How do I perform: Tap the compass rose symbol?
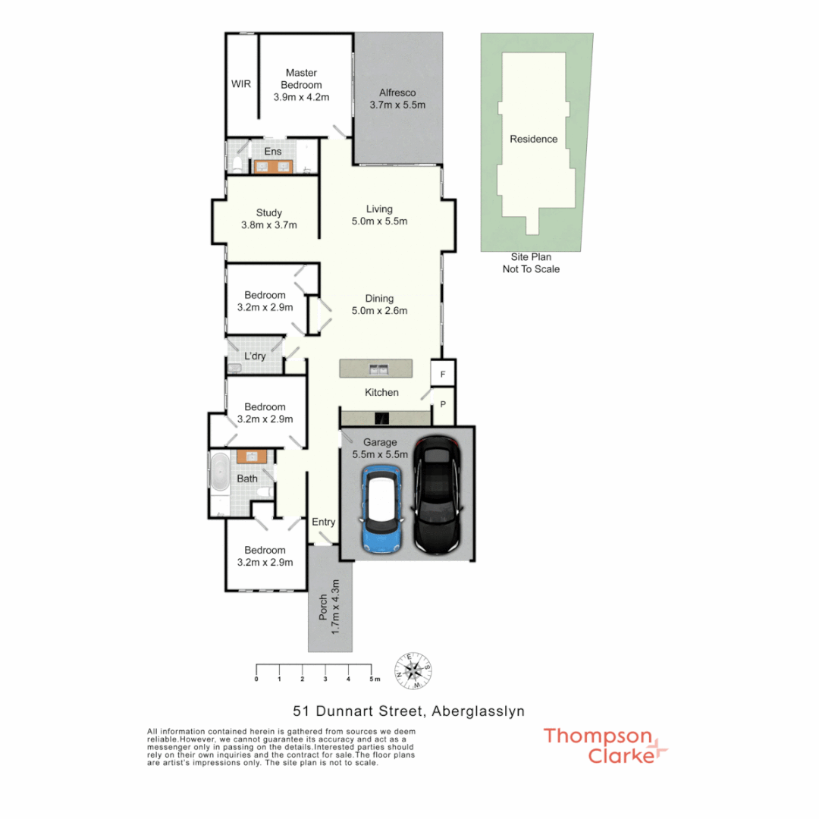pos(413,670)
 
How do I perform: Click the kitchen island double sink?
pos(377,369)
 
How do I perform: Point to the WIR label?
pos(241,84)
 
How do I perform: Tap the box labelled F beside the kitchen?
pos(443,373)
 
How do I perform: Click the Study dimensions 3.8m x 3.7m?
pos(268,225)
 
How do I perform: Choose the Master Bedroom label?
pos(301,79)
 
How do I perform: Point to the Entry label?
pos(323,522)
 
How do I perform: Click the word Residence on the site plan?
pos(533,139)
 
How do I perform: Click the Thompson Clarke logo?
pos(605,745)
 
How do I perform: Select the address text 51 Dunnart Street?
pos(359,711)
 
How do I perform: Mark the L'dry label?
pos(255,356)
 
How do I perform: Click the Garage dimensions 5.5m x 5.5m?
pos(380,455)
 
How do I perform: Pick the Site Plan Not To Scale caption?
pos(531,264)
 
